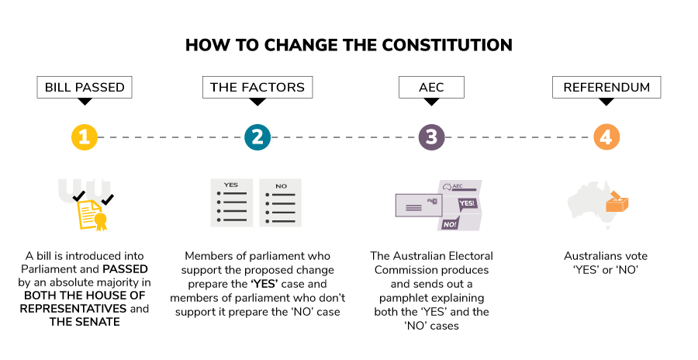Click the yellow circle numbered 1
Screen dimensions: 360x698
tap(84, 137)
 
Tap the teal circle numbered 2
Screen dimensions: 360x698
tap(257, 137)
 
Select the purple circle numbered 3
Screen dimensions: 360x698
tap(431, 137)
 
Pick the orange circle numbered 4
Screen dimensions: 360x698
tap(606, 137)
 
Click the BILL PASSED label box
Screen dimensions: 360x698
tap(84, 87)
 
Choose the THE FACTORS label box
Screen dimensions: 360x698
tap(257, 87)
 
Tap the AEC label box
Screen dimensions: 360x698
tap(431, 87)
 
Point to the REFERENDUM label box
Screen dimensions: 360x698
tap(606, 87)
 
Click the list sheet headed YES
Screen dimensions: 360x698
tap(231, 204)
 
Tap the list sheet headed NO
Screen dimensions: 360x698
tap(281, 204)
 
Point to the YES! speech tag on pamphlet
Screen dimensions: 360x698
tap(468, 203)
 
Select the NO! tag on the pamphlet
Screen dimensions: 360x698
tap(449, 224)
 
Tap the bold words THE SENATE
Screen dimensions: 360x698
tap(84, 322)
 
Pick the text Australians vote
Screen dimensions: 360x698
tap(605, 256)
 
